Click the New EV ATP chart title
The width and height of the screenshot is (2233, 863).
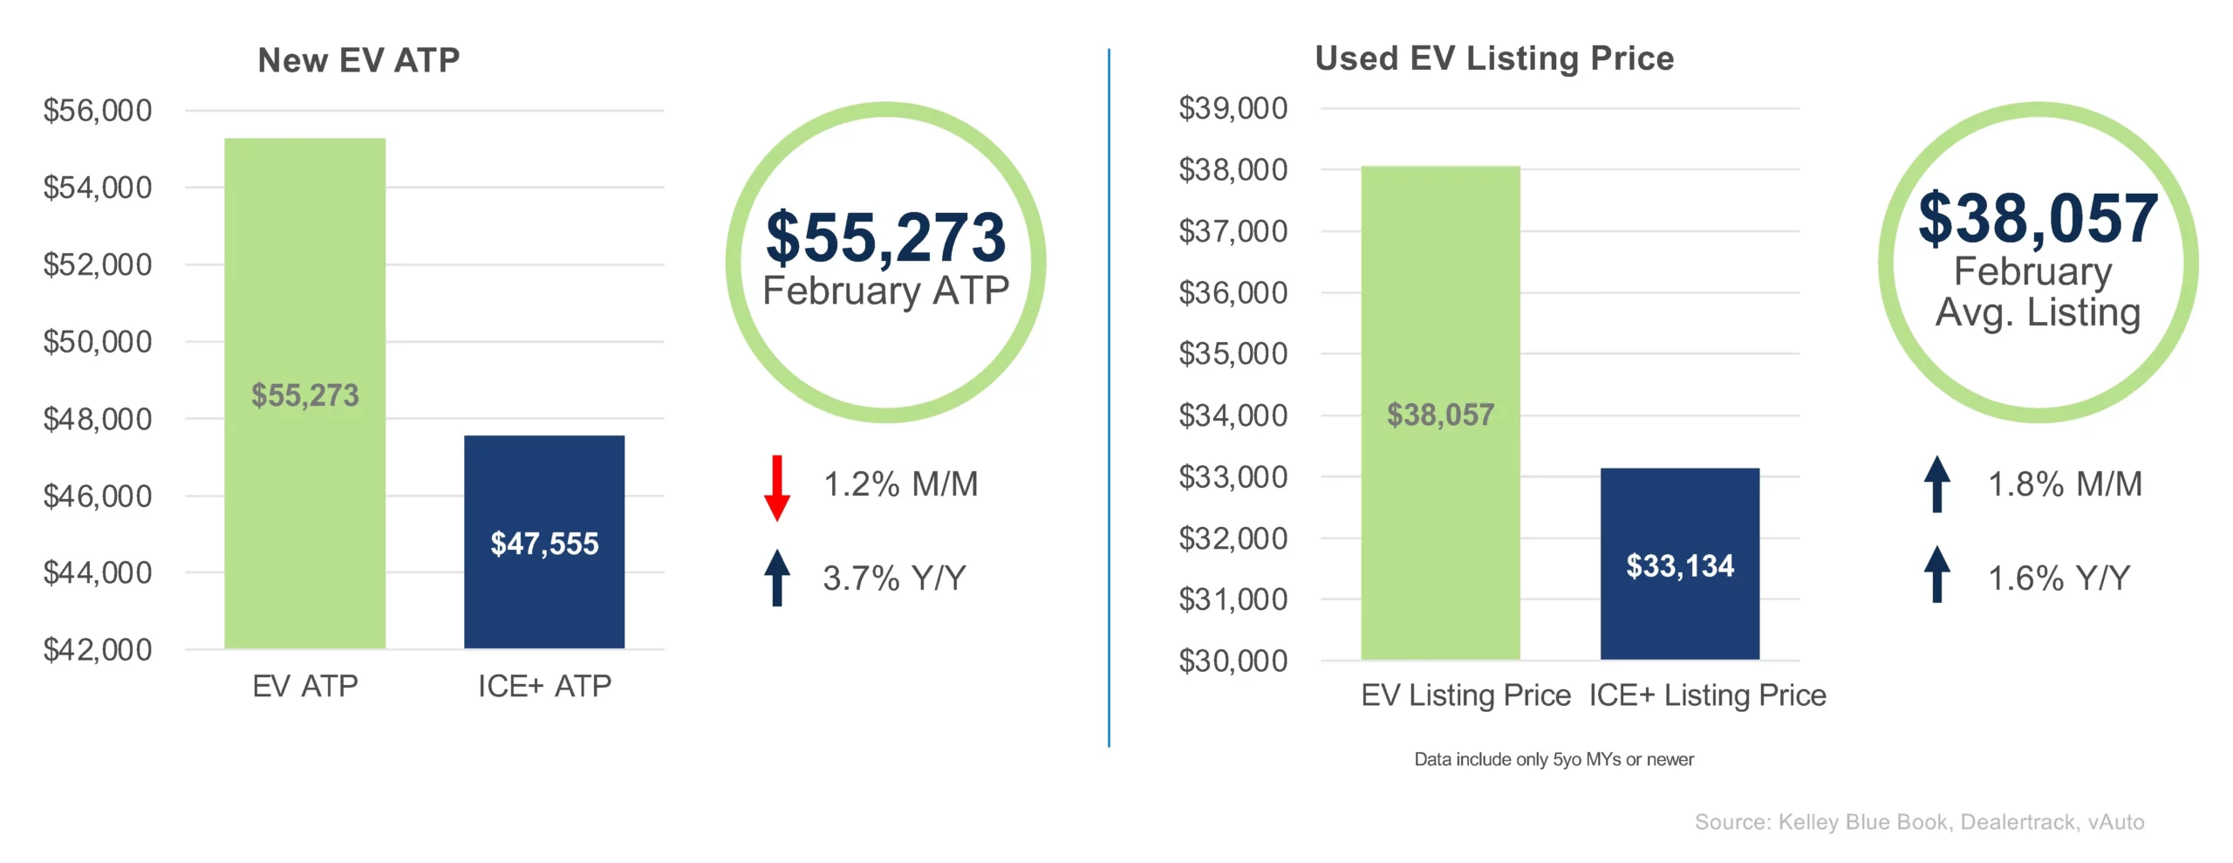[359, 60]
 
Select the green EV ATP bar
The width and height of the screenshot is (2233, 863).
[305, 393]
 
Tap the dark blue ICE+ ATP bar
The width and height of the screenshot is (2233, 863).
[544, 542]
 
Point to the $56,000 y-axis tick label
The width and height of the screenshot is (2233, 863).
[98, 111]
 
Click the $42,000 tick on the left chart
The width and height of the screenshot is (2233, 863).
[98, 650]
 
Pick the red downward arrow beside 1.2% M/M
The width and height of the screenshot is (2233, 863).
[776, 488]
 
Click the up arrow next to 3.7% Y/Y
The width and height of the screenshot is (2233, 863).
[776, 577]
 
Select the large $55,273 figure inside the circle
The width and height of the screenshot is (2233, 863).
[885, 237]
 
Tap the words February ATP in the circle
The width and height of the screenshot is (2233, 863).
[885, 291]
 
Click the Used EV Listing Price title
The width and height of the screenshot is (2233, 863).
[1494, 58]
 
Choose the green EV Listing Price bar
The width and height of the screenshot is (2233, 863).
[1441, 413]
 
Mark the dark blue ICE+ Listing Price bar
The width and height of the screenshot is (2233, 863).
[1680, 564]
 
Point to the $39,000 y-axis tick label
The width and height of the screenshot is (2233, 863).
[1233, 108]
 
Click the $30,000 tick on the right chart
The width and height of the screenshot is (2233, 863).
[1233, 661]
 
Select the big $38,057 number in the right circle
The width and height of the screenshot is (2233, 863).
[2038, 218]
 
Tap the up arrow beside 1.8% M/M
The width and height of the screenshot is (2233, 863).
[1937, 483]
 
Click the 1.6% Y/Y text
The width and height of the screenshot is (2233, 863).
[2059, 579]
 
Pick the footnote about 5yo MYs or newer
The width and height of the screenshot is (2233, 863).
[1554, 760]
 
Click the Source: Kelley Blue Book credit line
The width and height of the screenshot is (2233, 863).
[1919, 822]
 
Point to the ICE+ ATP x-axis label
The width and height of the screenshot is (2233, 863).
[544, 687]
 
